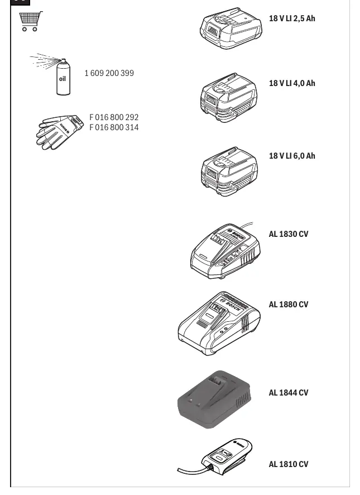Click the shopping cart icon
point(31,21)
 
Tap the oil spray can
point(63,77)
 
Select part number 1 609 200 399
point(109,73)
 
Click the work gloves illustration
point(60,132)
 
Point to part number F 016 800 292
point(114,117)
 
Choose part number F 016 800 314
point(114,127)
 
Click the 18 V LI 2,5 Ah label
point(292,18)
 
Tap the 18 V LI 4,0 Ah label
point(292,83)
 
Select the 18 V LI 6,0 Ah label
point(292,156)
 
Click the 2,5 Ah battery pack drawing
point(231,28)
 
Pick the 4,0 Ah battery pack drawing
point(229,98)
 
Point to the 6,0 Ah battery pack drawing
point(229,171)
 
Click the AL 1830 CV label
point(289,234)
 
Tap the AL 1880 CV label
point(289,304)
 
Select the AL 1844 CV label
point(289,393)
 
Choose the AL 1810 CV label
point(289,464)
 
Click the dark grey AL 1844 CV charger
point(214,399)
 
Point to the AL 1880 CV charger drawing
point(219,323)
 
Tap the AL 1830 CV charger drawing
point(225,251)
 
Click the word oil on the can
point(63,79)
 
